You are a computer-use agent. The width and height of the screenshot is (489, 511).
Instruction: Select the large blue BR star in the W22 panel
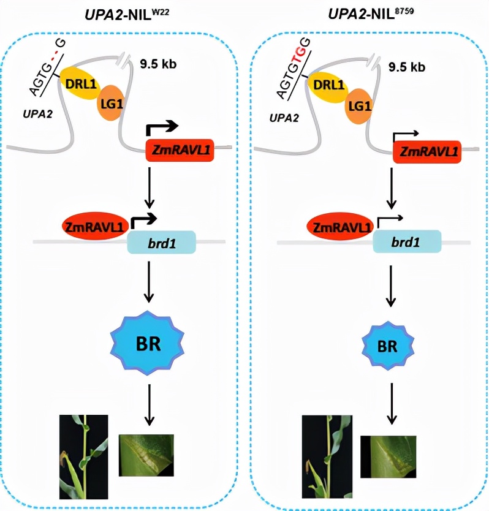point(147,343)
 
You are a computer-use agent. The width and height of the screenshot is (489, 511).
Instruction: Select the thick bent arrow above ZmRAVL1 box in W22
point(162,128)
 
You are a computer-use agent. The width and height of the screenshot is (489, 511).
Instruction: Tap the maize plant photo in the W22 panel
point(83,457)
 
